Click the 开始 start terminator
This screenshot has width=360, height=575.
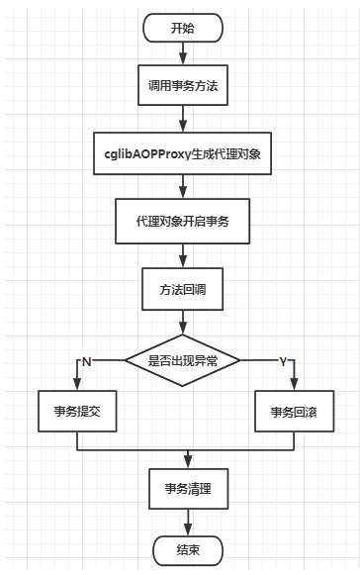point(183,28)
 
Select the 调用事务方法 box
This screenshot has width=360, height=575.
point(183,88)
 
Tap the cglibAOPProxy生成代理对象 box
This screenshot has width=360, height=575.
point(183,153)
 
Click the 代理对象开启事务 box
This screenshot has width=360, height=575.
point(183,220)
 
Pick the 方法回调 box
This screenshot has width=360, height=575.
point(183,291)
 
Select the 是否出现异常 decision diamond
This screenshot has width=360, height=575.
point(183,361)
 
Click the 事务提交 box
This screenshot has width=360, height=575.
point(76,411)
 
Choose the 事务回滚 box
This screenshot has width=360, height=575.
point(291,411)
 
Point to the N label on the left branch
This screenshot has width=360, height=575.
point(86,362)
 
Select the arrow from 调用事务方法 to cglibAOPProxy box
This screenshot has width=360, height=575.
point(183,120)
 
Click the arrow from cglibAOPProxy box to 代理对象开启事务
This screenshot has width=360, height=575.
point(183,187)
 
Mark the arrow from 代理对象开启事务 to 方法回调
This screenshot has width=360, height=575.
point(183,255)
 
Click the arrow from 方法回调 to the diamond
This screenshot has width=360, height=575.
point(183,324)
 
